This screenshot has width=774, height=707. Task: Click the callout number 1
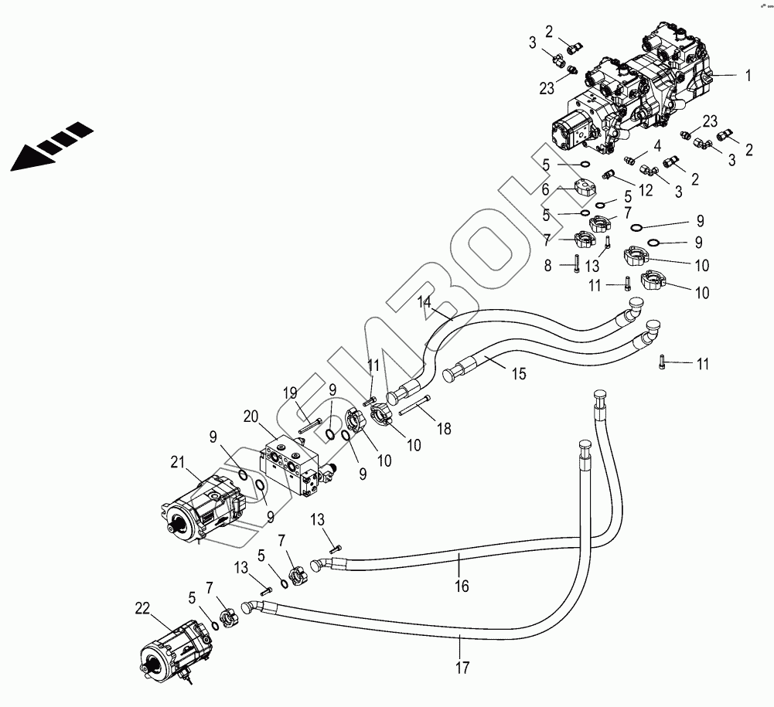click(748, 76)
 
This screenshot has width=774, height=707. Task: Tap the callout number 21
click(178, 462)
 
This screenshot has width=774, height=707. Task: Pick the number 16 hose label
click(461, 586)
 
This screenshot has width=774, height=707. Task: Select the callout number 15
click(518, 374)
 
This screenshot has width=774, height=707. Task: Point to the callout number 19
click(290, 393)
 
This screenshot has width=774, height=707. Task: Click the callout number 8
click(548, 265)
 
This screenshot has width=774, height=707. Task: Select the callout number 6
click(545, 189)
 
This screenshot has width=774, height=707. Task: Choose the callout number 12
click(645, 190)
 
